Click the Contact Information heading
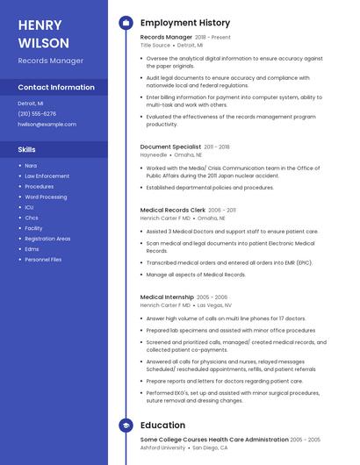(x=56, y=88)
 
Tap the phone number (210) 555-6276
(x=37, y=114)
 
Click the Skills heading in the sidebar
(x=26, y=149)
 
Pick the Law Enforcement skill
(x=47, y=176)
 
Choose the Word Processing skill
(x=46, y=197)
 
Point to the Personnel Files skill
(x=43, y=260)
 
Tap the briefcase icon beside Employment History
(x=126, y=22)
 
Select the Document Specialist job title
(x=169, y=147)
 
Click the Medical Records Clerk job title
(x=172, y=211)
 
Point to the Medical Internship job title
(x=167, y=297)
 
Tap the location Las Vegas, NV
(x=214, y=305)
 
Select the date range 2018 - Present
(x=213, y=38)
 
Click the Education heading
(x=162, y=426)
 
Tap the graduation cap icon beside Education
(x=126, y=426)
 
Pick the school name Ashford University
(x=162, y=447)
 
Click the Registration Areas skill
(x=47, y=239)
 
